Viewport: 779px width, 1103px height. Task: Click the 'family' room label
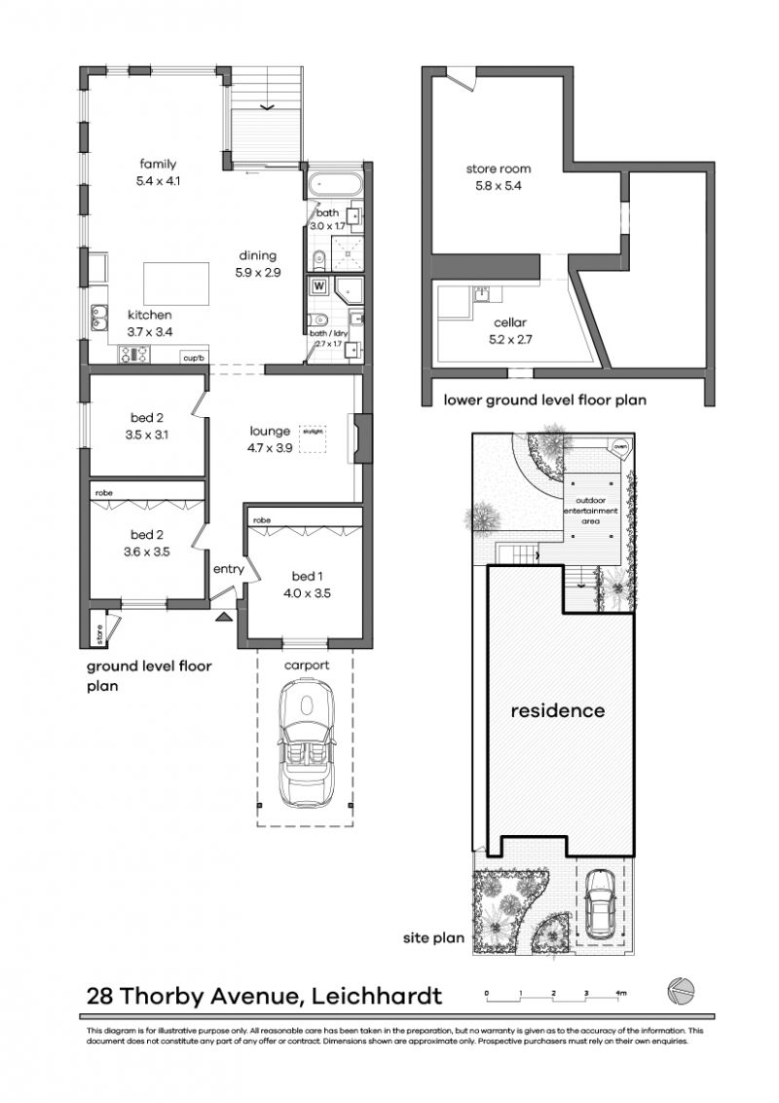pyautogui.click(x=158, y=164)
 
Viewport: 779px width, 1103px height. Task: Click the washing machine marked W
pyautogui.click(x=317, y=286)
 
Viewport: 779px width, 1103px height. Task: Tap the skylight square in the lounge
pyautogui.click(x=313, y=438)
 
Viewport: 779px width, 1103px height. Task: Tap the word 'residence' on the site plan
pyautogui.click(x=558, y=710)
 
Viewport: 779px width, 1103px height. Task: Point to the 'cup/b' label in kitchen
pyautogui.click(x=193, y=359)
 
